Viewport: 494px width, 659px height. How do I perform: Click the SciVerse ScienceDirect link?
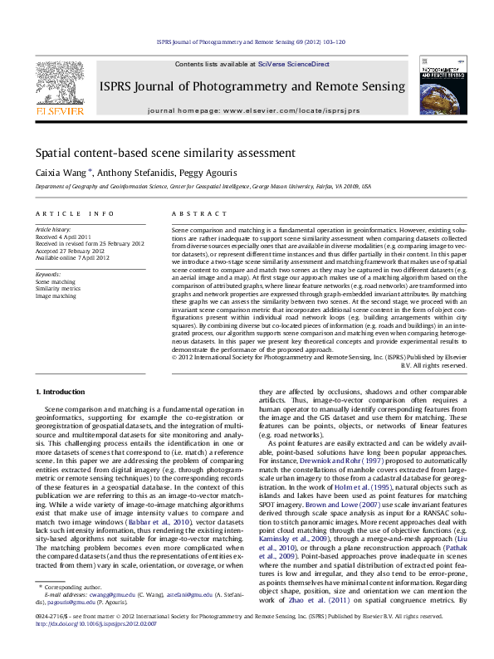293,64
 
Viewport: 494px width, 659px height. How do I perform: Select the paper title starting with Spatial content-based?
154,154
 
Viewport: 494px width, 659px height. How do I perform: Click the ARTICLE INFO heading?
74,214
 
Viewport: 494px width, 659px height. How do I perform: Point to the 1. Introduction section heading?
63,391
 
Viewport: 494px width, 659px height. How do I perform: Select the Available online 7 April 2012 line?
71,258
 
